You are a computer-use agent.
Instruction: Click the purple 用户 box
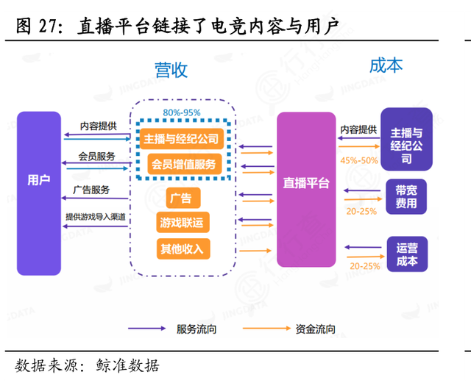[39, 180]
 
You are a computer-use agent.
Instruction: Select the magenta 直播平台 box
[306, 183]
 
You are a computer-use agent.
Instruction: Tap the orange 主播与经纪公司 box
[181, 138]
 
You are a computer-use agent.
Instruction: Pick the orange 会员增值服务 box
[181, 164]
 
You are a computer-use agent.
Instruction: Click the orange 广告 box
[180, 198]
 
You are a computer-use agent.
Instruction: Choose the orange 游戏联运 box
[180, 223]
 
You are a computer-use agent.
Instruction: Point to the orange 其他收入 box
[180, 248]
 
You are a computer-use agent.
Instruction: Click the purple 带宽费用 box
[406, 196]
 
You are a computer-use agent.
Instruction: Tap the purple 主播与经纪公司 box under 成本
[406, 145]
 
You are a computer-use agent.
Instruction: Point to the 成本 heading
[386, 65]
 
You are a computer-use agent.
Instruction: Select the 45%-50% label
[359, 160]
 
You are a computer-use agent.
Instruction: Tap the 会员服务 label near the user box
[96, 157]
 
